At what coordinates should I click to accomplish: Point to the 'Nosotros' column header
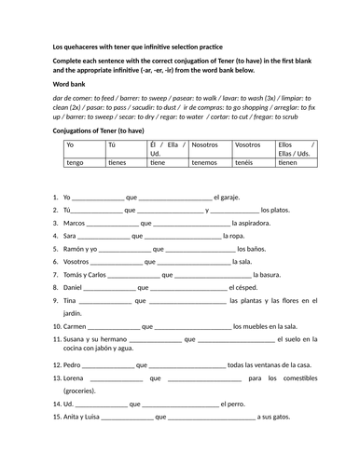click(210, 144)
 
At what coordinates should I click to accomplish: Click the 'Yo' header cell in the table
click(70, 144)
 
